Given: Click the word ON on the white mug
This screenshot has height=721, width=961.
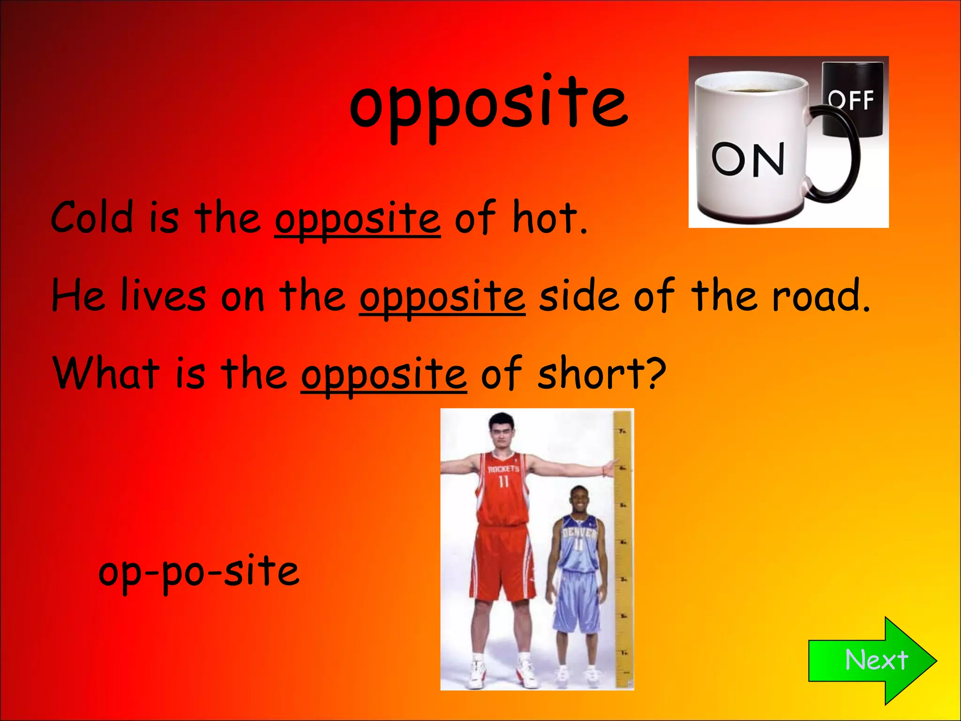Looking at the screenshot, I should tap(748, 159).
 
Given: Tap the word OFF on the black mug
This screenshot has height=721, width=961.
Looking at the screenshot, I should tap(851, 100).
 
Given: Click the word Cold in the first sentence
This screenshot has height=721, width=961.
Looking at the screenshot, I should tap(92, 217).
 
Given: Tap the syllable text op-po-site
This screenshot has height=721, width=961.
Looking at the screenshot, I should tap(198, 572).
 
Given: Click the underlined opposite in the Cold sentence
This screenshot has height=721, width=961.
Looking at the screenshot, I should tap(358, 219).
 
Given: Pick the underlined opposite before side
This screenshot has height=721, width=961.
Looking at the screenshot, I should tap(442, 297).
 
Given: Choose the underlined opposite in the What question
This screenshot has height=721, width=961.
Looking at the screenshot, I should tap(384, 375).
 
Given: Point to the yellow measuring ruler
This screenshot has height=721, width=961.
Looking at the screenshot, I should tap(624, 549).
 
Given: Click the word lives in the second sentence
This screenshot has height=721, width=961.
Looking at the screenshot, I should tap(163, 296).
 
